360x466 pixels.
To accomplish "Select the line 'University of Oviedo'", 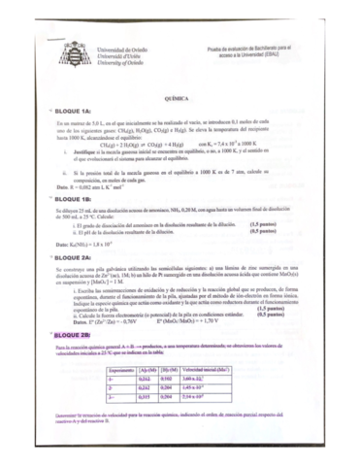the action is [121, 62].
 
